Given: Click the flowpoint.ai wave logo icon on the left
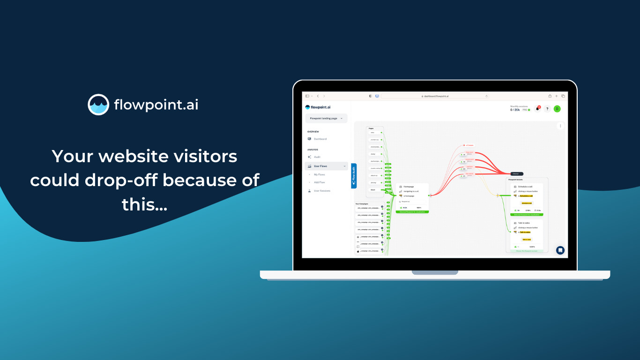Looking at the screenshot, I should coord(98,105).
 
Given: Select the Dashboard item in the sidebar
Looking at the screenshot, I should coord(320,139).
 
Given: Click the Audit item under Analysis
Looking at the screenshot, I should coord(317,157).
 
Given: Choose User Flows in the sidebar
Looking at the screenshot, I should coord(320,166).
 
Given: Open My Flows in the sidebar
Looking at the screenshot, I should coord(319,174).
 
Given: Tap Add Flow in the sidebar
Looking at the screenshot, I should coord(319,182).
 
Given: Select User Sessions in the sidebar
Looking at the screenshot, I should coord(322,191).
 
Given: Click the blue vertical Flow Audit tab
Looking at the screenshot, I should coord(354,176).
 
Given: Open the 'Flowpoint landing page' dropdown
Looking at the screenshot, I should coord(326,119).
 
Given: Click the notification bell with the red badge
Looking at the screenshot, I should coord(537,109).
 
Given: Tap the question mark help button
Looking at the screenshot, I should coord(547,109).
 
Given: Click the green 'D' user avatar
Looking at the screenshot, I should coord(557,109).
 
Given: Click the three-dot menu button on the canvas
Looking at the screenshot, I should coord(560,126).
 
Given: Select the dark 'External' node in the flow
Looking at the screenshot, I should coord(515,174).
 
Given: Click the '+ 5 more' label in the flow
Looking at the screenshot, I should coord(469,145).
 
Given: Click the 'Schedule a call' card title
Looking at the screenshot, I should coord(526,187).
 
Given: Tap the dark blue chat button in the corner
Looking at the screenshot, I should coord(560,250).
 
